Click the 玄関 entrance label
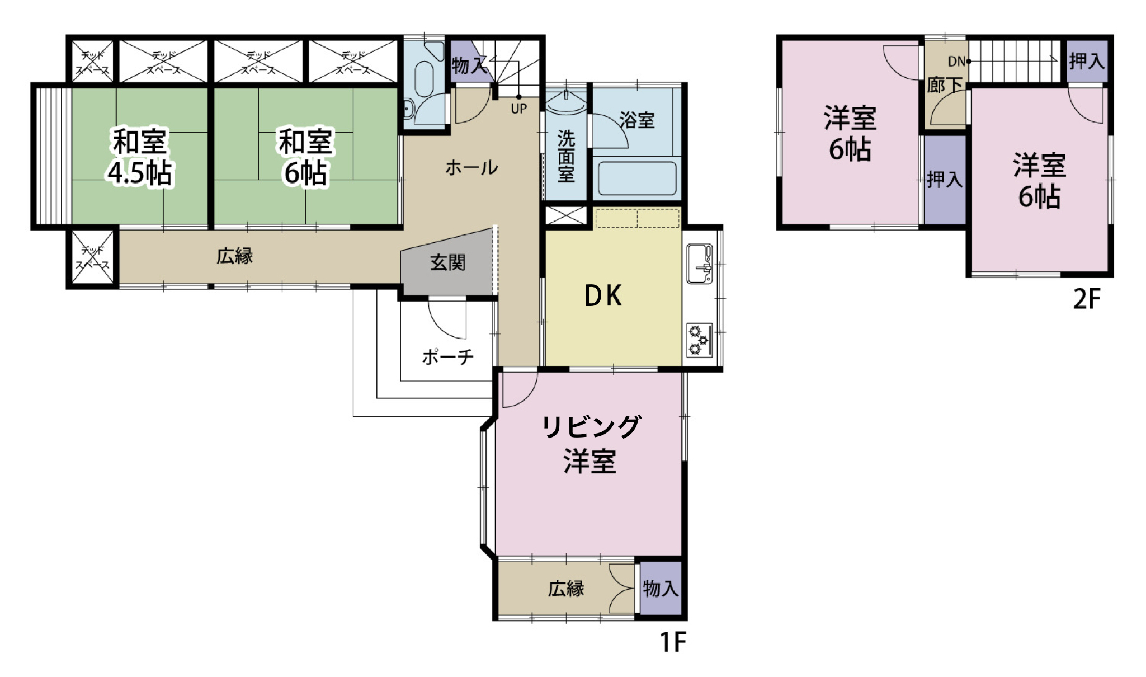point(447,262)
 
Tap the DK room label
point(603,296)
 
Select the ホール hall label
point(471,167)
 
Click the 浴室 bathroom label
point(637,120)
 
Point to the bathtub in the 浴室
point(637,178)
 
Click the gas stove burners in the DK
point(699,340)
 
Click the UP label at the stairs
point(518,109)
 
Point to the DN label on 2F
point(957,62)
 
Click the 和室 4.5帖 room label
point(140,157)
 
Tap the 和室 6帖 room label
point(305,157)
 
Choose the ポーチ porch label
point(448,356)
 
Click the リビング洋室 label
point(591,444)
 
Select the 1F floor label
point(672,642)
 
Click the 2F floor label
point(1087,299)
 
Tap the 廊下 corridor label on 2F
point(945,85)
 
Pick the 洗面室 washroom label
point(566,156)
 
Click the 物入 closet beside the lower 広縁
point(661,589)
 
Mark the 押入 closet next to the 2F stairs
point(1087,60)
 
